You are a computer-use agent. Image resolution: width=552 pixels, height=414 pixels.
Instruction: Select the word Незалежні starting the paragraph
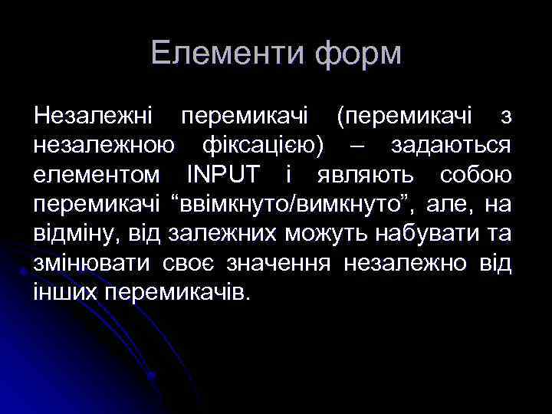pyautogui.click(x=94, y=117)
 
